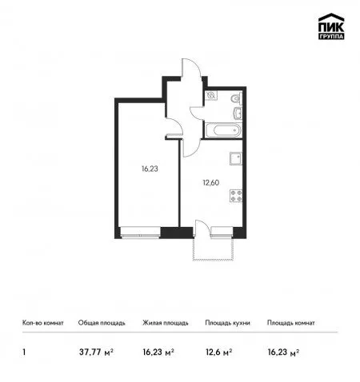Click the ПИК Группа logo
(x=331, y=26)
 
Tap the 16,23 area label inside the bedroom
(x=150, y=169)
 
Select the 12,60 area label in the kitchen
(x=211, y=183)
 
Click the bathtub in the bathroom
(x=222, y=130)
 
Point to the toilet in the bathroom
(x=236, y=99)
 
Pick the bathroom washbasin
(x=238, y=113)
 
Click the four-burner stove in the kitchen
(x=236, y=196)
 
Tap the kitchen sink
(x=236, y=159)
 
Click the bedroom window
(x=140, y=232)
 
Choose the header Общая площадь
(x=102, y=323)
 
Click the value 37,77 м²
(x=96, y=352)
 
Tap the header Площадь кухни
(x=227, y=323)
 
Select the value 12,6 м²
(x=218, y=352)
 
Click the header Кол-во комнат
(x=43, y=323)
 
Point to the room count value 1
(x=24, y=352)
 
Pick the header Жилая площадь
(x=166, y=323)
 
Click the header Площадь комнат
(x=291, y=323)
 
